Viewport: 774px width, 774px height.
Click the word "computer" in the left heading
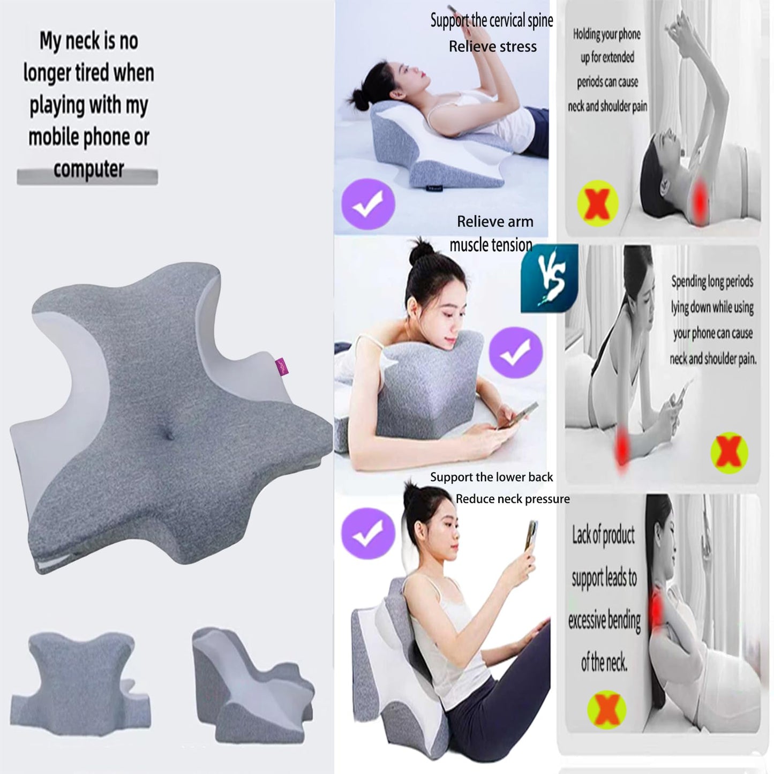click(x=88, y=169)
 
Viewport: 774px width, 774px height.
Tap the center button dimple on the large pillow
click(x=169, y=437)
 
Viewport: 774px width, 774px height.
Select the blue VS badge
click(x=550, y=279)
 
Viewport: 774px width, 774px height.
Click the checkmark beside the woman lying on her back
click(x=368, y=204)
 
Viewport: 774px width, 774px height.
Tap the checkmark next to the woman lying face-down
click(x=515, y=352)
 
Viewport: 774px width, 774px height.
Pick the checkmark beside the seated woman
click(x=368, y=533)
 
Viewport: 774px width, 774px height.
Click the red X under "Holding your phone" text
click(x=597, y=204)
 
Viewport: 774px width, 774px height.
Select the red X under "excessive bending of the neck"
click(x=606, y=710)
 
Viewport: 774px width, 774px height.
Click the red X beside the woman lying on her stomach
click(x=728, y=453)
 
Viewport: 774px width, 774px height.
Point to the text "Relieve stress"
click(x=492, y=47)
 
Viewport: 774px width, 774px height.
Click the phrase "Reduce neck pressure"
click(x=513, y=499)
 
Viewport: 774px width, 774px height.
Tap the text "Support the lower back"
click(x=491, y=477)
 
